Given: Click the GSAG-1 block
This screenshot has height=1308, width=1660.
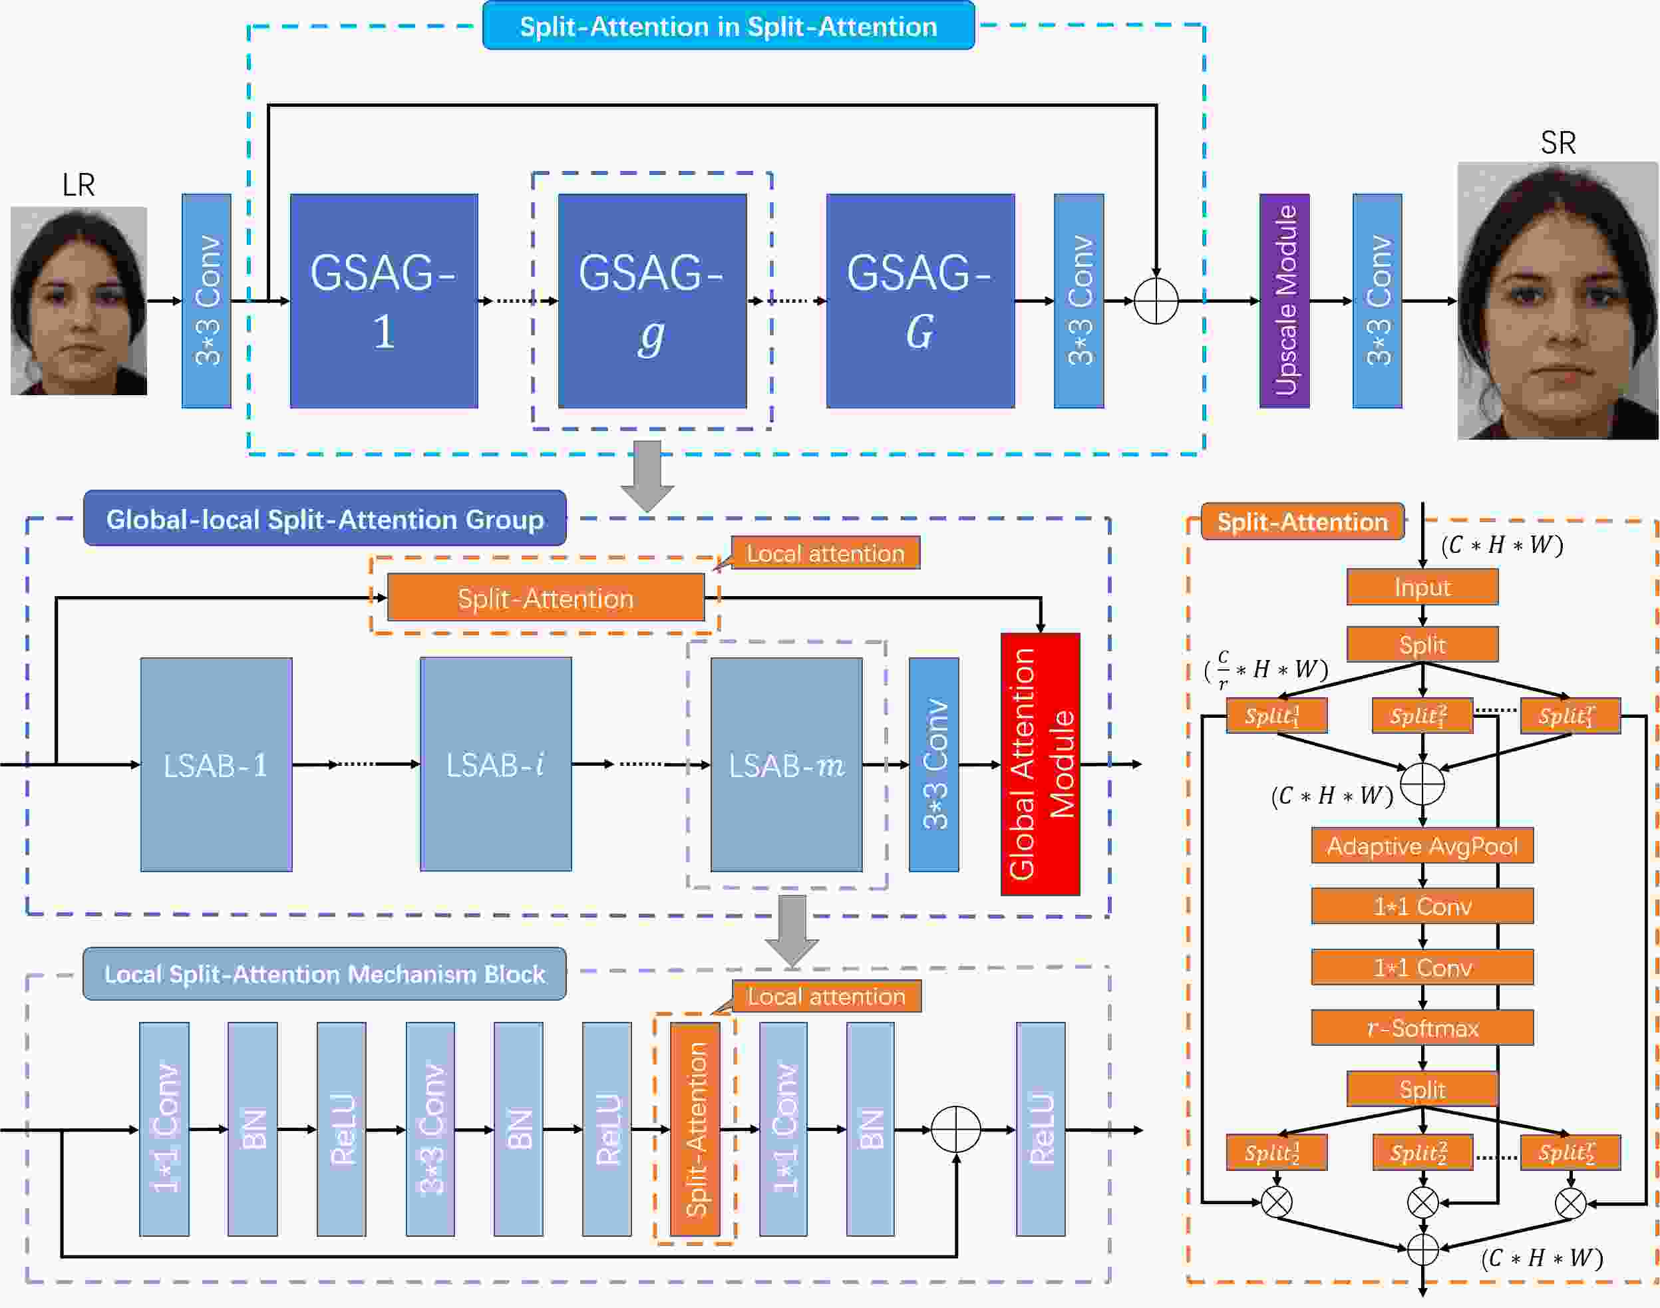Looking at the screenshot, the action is click(384, 301).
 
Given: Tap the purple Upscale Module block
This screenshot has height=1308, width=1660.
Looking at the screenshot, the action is click(1284, 301).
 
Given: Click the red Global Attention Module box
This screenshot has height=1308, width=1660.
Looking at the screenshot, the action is click(1041, 764).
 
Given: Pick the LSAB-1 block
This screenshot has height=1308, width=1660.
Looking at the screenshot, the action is click(217, 764).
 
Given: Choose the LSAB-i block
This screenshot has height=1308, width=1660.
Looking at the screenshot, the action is click(496, 764).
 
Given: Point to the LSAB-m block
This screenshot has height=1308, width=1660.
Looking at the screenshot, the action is click(786, 764).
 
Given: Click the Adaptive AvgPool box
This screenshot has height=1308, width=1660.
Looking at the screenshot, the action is click(1422, 846).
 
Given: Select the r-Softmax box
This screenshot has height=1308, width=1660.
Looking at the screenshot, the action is click(1422, 1028).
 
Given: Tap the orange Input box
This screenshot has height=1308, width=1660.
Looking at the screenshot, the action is click(1422, 587).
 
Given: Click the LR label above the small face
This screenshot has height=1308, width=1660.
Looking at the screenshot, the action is click(78, 184).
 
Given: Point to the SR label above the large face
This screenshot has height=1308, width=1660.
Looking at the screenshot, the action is click(1558, 143).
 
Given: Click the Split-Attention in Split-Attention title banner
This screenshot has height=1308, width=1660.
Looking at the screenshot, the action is click(728, 26).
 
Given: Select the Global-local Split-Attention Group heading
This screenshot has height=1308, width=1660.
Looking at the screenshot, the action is click(325, 518).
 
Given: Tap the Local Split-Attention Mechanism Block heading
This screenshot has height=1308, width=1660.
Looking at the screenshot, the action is click(325, 973).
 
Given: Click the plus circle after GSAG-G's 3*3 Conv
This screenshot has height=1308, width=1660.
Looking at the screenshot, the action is click(1156, 301).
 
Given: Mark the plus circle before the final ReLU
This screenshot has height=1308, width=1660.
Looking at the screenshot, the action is click(955, 1130).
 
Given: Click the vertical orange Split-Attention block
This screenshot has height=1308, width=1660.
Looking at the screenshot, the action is click(695, 1130).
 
